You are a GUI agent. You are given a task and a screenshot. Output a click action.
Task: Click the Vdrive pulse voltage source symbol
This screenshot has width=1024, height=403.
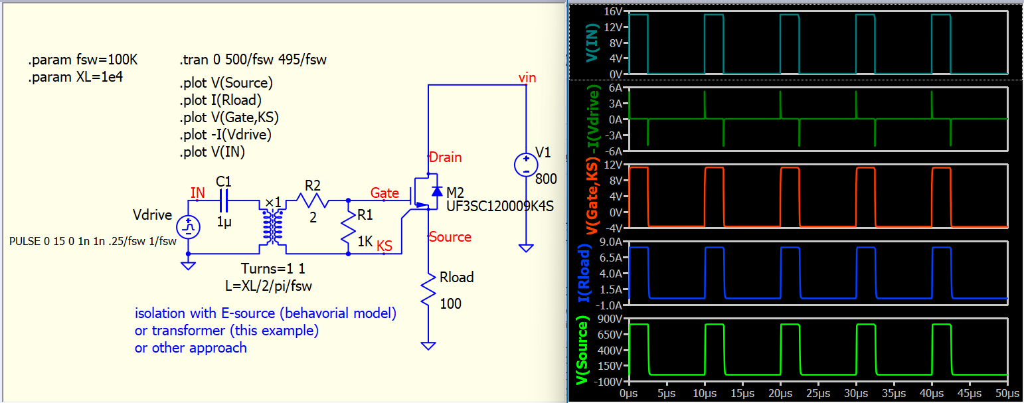189,227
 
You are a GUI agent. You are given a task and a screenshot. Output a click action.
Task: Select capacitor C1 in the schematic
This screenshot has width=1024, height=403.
224,200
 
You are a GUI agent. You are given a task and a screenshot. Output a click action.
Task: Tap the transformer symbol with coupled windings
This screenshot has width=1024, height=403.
273,227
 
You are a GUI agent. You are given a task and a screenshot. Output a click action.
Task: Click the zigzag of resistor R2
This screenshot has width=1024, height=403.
313,200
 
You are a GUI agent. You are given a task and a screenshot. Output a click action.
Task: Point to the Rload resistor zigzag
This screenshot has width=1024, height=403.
428,290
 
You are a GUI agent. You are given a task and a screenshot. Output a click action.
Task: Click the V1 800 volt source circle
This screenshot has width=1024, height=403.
526,165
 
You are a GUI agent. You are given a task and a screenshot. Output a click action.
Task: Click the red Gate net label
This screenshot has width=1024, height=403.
384,193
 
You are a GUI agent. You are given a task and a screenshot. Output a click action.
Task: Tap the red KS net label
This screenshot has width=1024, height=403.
384,246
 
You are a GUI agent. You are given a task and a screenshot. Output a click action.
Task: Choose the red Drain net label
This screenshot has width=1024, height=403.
445,157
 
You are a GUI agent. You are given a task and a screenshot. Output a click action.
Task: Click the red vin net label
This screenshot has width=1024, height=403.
527,78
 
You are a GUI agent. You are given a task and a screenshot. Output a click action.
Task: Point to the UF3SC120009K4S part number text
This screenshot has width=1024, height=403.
499,206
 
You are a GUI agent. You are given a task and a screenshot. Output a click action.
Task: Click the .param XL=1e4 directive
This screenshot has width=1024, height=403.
76,77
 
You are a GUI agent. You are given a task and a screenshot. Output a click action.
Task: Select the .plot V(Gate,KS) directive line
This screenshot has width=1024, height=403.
229,118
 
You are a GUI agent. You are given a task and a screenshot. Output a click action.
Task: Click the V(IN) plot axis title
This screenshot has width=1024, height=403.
592,43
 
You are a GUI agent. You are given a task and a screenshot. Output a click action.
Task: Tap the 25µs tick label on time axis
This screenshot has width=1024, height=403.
818,394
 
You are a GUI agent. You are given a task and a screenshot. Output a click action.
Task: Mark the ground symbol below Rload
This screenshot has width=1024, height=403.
428,346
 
